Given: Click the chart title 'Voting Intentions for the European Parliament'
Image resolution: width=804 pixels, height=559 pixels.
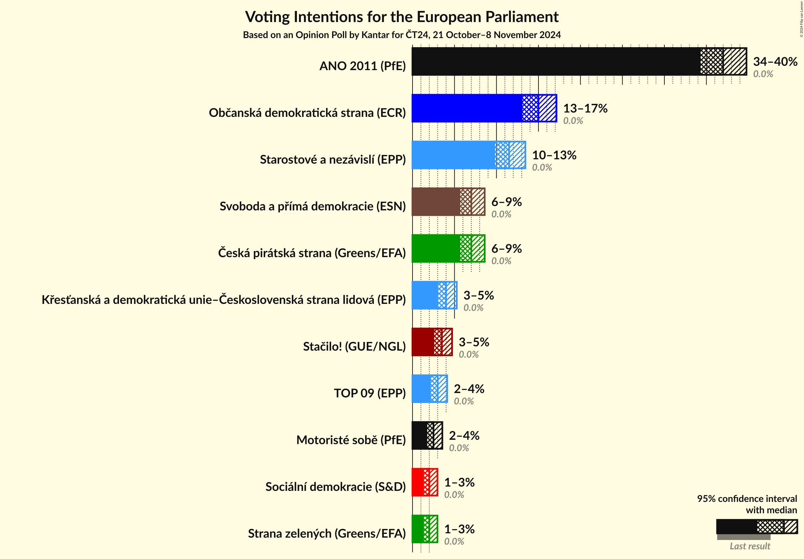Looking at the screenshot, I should click(x=401, y=17).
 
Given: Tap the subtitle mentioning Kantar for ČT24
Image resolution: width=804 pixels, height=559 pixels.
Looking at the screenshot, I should click(x=401, y=35).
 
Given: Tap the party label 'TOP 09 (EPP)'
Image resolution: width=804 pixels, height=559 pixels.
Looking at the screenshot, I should click(x=370, y=393).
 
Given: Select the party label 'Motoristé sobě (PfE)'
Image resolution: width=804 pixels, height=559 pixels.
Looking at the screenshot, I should click(x=351, y=440).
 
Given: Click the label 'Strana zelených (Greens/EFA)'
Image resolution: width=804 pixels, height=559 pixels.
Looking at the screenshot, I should click(x=327, y=533).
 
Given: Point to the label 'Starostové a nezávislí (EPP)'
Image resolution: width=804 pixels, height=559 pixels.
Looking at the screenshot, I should click(x=333, y=160).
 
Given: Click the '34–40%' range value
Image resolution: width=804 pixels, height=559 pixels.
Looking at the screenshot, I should click(x=775, y=61).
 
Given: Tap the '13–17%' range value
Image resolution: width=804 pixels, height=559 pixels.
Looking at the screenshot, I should click(x=585, y=109).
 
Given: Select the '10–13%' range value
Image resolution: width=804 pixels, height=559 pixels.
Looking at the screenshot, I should click(x=554, y=155).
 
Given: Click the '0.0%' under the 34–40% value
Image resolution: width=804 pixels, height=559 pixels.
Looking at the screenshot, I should click(x=763, y=74).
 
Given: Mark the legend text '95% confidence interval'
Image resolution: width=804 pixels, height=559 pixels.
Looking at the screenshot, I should click(x=747, y=499).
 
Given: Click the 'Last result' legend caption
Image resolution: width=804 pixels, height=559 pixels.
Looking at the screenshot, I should click(x=750, y=546).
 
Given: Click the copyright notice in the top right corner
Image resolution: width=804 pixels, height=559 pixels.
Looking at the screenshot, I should click(x=801, y=19).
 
